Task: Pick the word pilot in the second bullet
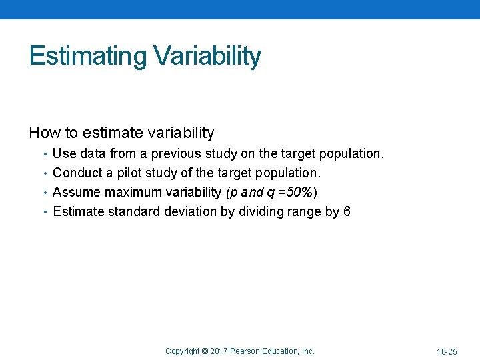[130, 173]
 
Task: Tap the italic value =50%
[298, 193]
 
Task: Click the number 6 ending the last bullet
[347, 212]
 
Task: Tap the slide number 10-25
[447, 351]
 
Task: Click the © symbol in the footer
[205, 351]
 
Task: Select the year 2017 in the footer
[219, 351]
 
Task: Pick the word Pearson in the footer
[247, 351]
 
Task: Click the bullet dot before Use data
[45, 154]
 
